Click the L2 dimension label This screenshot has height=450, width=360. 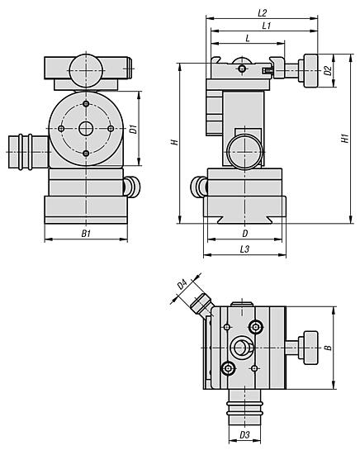point(262,13)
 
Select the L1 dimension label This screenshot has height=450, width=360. point(267,26)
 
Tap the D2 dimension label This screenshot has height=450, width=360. point(328,71)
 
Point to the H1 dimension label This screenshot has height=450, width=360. point(345,138)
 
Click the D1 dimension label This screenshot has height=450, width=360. point(133,129)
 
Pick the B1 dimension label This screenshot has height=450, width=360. point(86,234)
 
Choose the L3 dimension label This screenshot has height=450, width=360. point(244,249)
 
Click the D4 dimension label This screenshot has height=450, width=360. point(182,284)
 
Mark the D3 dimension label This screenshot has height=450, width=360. point(244,435)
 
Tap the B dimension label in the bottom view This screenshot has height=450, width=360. point(328,348)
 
